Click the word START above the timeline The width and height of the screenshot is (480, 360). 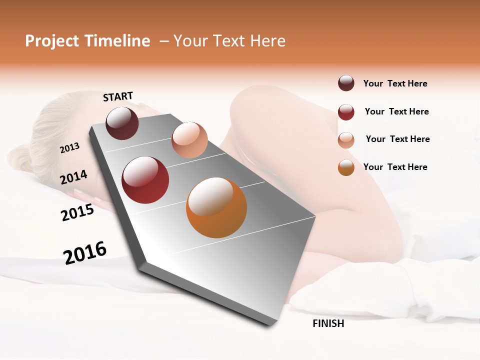(118, 96)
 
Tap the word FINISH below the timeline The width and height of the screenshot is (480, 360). (328, 323)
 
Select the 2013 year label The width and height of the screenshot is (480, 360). (69, 148)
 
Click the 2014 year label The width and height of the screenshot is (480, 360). (73, 177)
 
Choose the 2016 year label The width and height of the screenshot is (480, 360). (85, 252)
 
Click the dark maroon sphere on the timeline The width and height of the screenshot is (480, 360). (122, 123)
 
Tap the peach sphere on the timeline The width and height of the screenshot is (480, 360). (189, 140)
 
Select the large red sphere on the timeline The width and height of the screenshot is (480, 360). (145, 180)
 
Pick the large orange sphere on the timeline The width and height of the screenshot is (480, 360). (216, 207)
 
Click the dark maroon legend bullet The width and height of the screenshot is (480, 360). (346, 83)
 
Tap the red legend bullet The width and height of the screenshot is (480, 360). (346, 112)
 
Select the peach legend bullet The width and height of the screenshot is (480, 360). (346, 140)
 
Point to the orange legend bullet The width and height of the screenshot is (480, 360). (346, 167)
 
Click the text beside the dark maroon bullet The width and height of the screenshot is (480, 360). (395, 83)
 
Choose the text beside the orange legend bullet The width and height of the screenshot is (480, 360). (395, 167)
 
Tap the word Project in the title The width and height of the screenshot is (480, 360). (52, 41)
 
